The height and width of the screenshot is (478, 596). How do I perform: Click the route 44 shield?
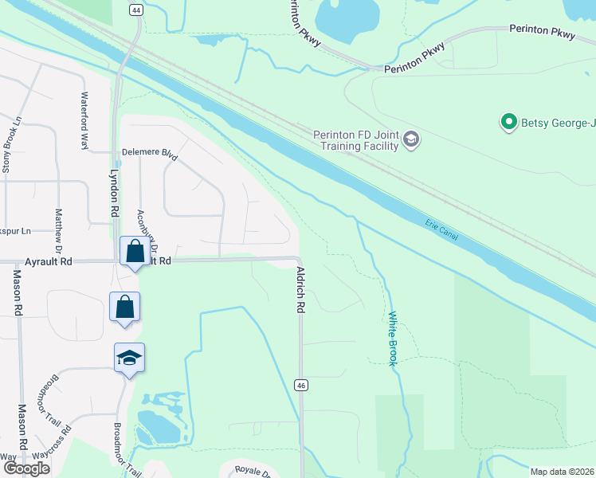136,10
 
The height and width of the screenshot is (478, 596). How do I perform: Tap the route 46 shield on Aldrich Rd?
301,386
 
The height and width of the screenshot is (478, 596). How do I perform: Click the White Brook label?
393,339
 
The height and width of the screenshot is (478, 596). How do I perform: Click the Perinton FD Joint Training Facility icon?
411,140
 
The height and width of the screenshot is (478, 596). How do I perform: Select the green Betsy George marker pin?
508,122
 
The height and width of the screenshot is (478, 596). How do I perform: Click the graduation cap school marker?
127,358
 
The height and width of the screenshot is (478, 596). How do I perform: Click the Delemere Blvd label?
148,153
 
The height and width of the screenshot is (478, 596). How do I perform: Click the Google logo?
27,468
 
